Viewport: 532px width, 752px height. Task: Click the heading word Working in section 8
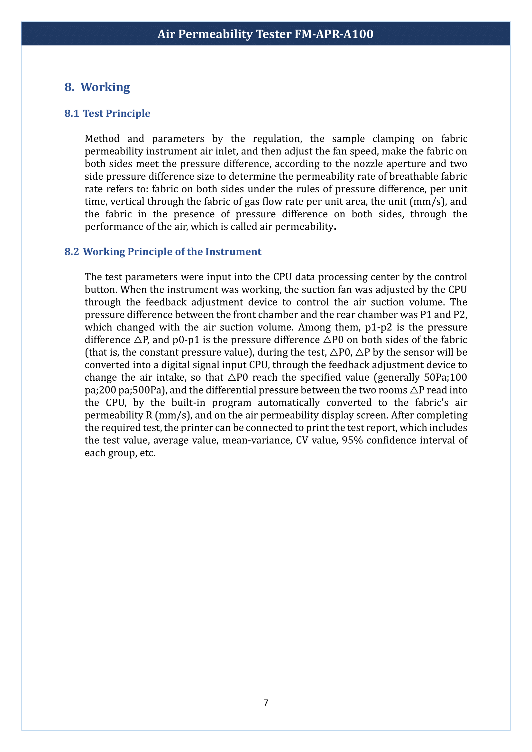[x=105, y=87]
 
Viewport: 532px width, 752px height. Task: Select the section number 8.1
[x=72, y=113]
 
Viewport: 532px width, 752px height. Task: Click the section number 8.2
[x=72, y=251]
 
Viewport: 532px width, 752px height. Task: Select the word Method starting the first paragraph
[x=102, y=139]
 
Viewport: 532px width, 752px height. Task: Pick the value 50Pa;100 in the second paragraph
[x=445, y=378]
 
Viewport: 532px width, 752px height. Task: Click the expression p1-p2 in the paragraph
[x=378, y=328]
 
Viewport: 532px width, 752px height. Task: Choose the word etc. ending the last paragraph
[x=147, y=453]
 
